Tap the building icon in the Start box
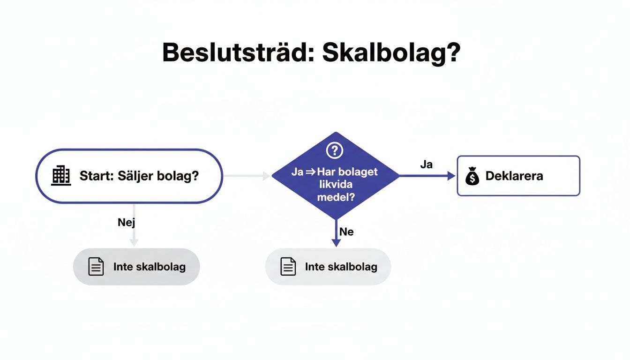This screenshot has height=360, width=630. pos(61,176)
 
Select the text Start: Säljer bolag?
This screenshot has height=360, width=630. pos(139,176)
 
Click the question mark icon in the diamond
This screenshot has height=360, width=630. pos(335,150)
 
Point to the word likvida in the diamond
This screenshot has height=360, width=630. pos(335,184)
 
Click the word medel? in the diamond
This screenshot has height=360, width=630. pos(335,197)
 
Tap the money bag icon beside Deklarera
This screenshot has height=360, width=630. pos(472,176)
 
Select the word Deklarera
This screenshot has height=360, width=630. pos(514,176)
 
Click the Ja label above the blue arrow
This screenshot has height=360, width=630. pos(426,165)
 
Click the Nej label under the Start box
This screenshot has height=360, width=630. pos(126,222)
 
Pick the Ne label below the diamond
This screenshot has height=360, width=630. pos(346,232)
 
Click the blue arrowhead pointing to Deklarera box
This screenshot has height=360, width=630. pos(451,176)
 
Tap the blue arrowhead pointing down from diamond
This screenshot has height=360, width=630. pos(336,242)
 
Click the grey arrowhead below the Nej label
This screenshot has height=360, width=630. pos(134,242)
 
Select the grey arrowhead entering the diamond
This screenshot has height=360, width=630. pos(267,176)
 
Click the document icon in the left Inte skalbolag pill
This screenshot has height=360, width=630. pos(96,267)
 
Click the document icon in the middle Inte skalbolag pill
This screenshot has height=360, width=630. pos(288,267)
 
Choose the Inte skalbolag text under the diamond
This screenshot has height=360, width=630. pos(341,267)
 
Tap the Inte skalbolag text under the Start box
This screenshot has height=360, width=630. pos(149,267)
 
